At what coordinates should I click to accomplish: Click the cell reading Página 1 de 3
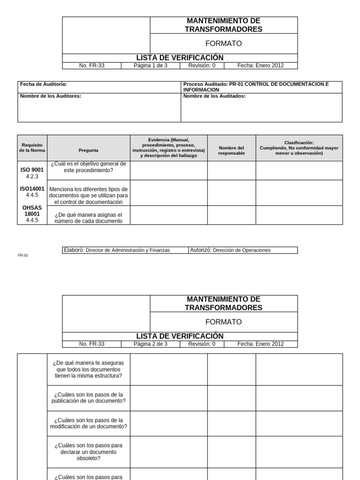click(x=150, y=66)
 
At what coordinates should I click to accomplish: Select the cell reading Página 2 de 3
click(x=150, y=344)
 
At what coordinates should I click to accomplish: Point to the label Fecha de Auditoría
click(x=43, y=84)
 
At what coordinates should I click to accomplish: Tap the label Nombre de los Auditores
click(x=51, y=96)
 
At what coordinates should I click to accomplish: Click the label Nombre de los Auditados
click(x=214, y=96)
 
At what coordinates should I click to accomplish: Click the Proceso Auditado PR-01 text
click(x=256, y=87)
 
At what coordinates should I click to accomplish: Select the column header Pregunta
click(x=89, y=150)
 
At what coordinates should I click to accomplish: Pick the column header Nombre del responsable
click(x=231, y=150)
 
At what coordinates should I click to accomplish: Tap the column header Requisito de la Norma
click(x=32, y=148)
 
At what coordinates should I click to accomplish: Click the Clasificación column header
click(x=299, y=148)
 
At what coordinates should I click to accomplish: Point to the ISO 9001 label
click(x=32, y=170)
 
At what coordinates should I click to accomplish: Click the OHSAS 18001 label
click(x=32, y=210)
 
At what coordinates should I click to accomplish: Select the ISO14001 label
click(x=32, y=189)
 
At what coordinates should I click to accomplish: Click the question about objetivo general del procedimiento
click(x=89, y=167)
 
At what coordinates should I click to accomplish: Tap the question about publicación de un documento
click(x=89, y=397)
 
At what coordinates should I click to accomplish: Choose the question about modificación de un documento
click(x=89, y=423)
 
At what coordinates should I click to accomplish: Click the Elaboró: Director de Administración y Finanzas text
click(x=117, y=250)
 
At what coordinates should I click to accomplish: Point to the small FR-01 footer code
click(x=23, y=256)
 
